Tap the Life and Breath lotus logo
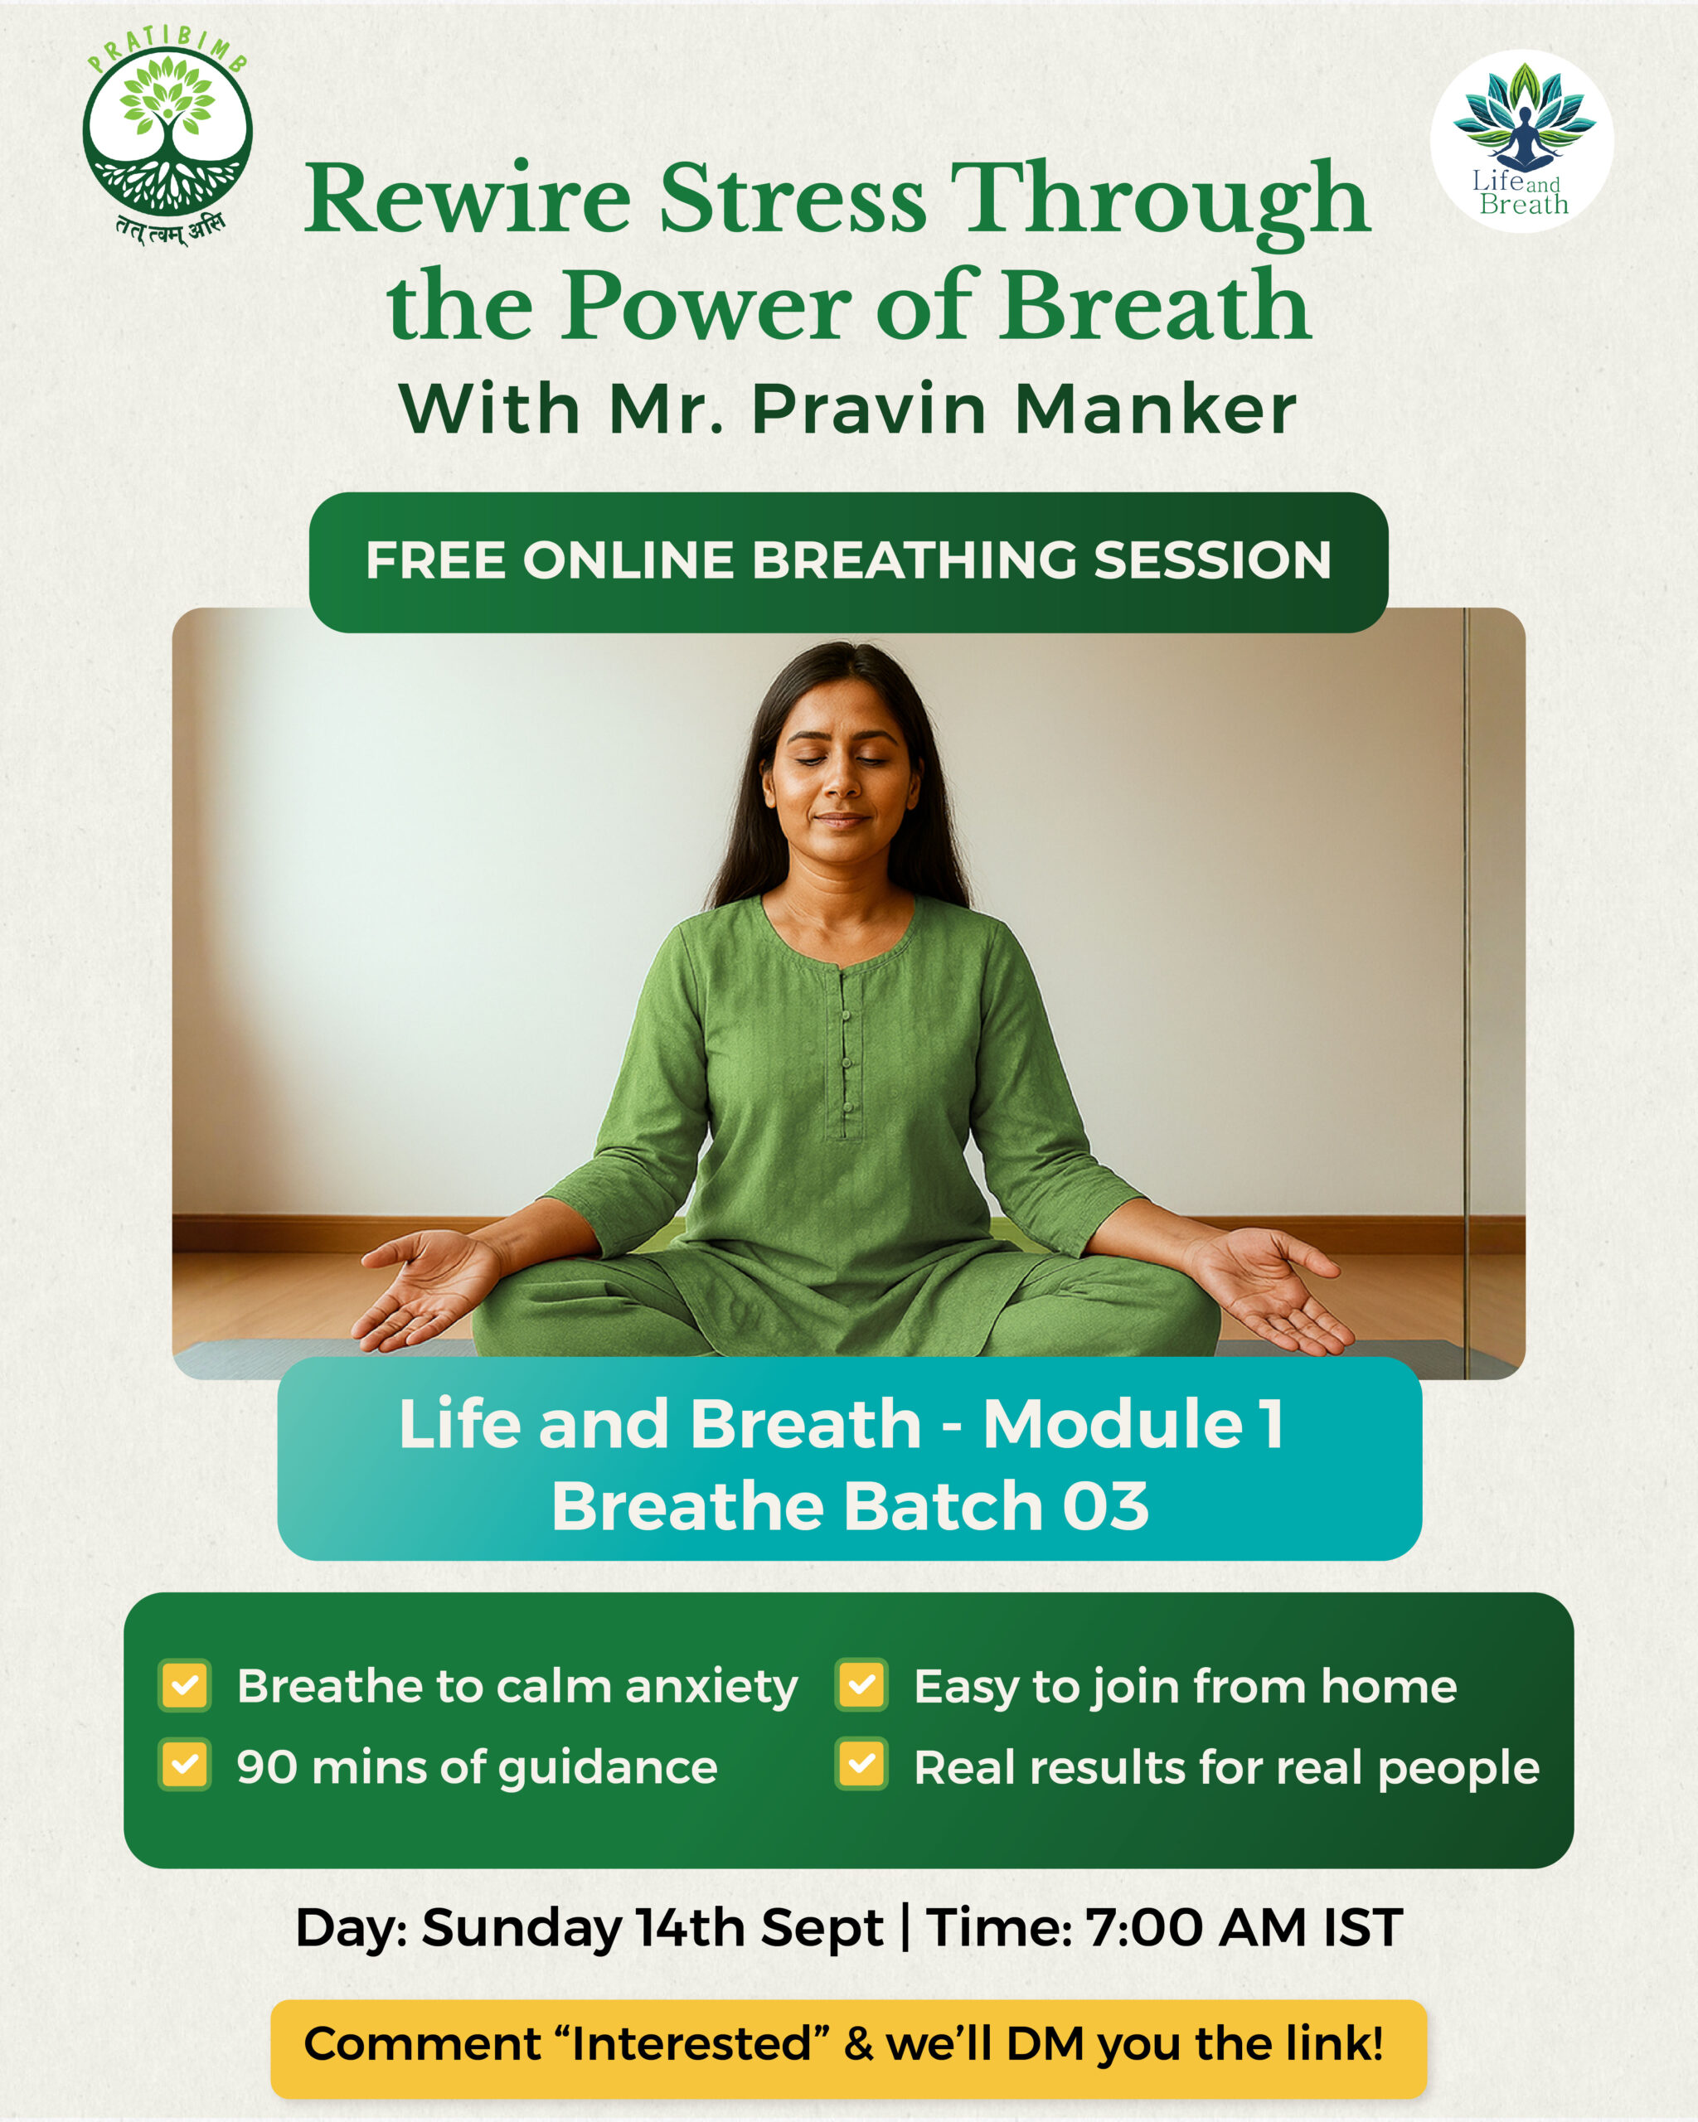click(x=1521, y=140)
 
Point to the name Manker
click(x=1155, y=409)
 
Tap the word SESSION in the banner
click(x=1212, y=561)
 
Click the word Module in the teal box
click(x=1113, y=1423)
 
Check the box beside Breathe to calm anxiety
click(x=185, y=1686)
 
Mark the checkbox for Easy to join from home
click(x=862, y=1686)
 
